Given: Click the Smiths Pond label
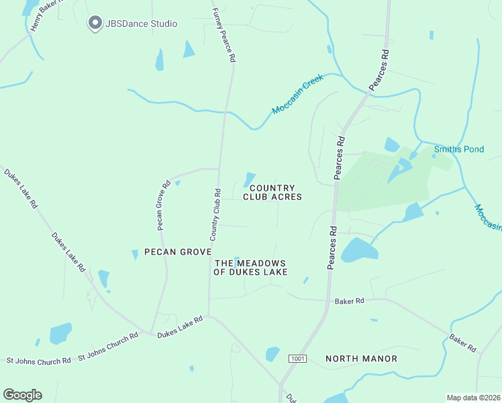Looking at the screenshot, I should pyautogui.click(x=458, y=149).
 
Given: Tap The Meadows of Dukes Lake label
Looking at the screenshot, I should pyautogui.click(x=250, y=267).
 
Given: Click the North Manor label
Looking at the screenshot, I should pyautogui.click(x=361, y=359).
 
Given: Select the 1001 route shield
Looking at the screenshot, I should pyautogui.click(x=298, y=359).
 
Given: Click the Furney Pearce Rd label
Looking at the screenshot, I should pyautogui.click(x=224, y=35).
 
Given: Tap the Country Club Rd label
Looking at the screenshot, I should pyautogui.click(x=215, y=214).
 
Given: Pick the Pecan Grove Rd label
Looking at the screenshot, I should pyautogui.click(x=164, y=205).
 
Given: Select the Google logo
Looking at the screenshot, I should pyautogui.click(x=22, y=395).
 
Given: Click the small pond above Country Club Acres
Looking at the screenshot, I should pyautogui.click(x=249, y=179).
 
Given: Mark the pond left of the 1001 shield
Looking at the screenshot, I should pyautogui.click(x=272, y=353).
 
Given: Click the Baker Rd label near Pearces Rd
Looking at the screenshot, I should pyautogui.click(x=350, y=301).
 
